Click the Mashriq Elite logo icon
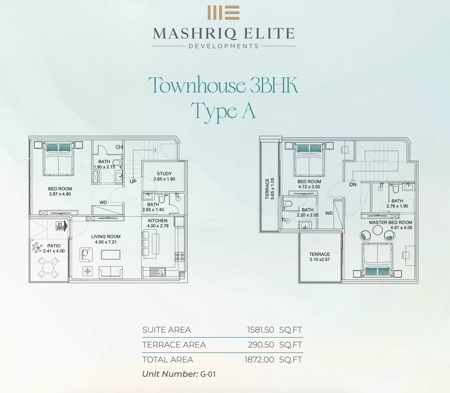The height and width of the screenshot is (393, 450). coord(223,13)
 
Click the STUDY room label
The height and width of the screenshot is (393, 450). coord(164,174)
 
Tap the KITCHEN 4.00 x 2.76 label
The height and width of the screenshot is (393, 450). coord(158,223)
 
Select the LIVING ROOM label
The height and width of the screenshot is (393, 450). coord(106,237)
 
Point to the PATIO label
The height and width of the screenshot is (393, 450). coord(54,246)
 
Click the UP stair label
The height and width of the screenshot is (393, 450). coord(133,181)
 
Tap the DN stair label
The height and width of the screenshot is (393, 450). coord(353,184)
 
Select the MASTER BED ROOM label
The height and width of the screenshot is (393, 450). coord(391,222)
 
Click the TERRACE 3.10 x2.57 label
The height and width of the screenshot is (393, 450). coord(320,257)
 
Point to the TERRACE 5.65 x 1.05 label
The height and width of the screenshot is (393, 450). coord(270,189)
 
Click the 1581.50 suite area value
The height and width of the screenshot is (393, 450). coord(261,330)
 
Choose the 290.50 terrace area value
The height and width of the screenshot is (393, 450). coord(261,345)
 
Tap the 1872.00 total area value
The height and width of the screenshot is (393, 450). coord(259,360)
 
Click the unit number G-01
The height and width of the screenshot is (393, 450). coord(208,374)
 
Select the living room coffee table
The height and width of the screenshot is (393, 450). coord(111,255)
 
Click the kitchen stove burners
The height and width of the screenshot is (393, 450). coord(180,257)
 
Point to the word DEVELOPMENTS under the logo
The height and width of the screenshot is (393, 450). coord(223,46)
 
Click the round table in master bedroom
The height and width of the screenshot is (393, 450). coord(378,230)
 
